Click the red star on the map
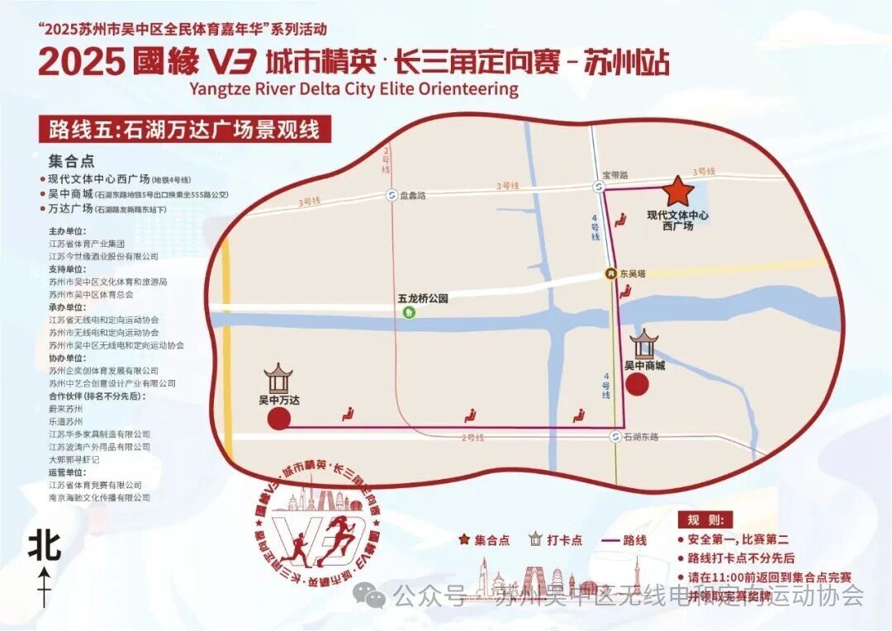click(679, 191)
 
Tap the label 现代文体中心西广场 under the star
click(678, 221)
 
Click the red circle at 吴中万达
click(278, 420)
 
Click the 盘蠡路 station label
click(413, 196)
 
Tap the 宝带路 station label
click(615, 175)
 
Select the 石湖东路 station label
click(642, 436)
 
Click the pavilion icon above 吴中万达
click(279, 379)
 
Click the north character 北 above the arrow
click(45, 546)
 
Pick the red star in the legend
click(465, 540)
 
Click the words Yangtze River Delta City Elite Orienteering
click(353, 88)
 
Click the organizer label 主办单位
click(66, 232)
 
